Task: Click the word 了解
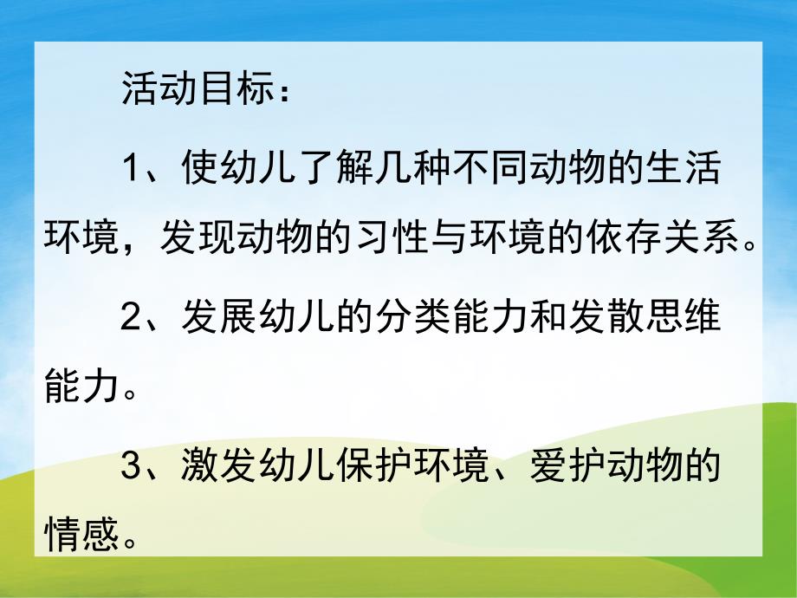click(x=320, y=168)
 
